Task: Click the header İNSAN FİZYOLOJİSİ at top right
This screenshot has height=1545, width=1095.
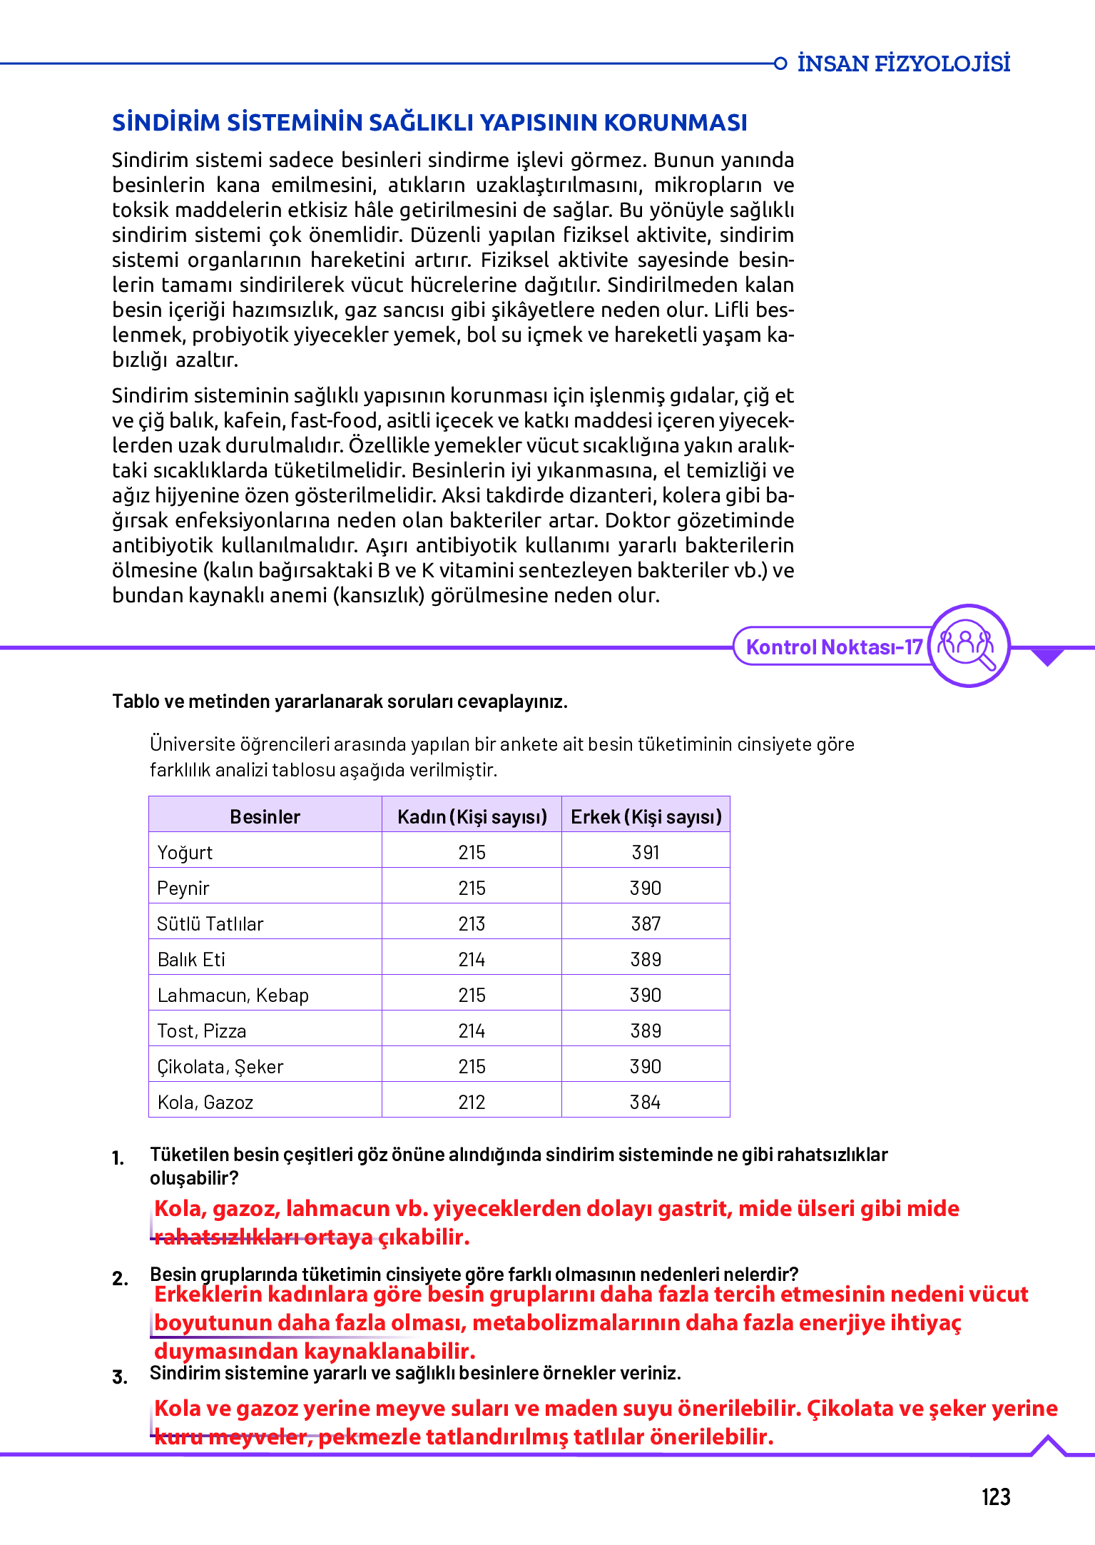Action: tap(903, 64)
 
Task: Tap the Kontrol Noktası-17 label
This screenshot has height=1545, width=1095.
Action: tap(834, 647)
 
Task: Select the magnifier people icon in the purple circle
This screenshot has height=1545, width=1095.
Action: tap(967, 645)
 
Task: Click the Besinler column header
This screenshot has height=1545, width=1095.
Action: tap(265, 816)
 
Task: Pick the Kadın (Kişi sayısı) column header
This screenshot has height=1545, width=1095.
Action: tap(472, 816)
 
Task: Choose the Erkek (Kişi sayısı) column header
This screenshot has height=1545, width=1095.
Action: tap(646, 816)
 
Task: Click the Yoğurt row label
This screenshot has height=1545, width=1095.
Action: tap(185, 852)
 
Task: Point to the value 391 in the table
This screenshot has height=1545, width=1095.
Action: tap(646, 852)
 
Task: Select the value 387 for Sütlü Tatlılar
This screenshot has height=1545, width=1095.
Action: tap(646, 923)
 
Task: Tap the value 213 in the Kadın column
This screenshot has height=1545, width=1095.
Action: tap(472, 923)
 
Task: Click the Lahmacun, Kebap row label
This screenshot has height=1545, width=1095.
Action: tap(233, 995)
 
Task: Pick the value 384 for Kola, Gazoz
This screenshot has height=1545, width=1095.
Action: tap(646, 1102)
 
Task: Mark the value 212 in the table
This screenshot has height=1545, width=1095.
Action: tap(472, 1102)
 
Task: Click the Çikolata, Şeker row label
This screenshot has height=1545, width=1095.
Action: tap(220, 1066)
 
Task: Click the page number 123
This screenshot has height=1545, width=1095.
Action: tap(995, 1496)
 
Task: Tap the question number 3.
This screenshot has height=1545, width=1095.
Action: tap(120, 1377)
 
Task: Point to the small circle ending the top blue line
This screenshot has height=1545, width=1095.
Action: tap(780, 64)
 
